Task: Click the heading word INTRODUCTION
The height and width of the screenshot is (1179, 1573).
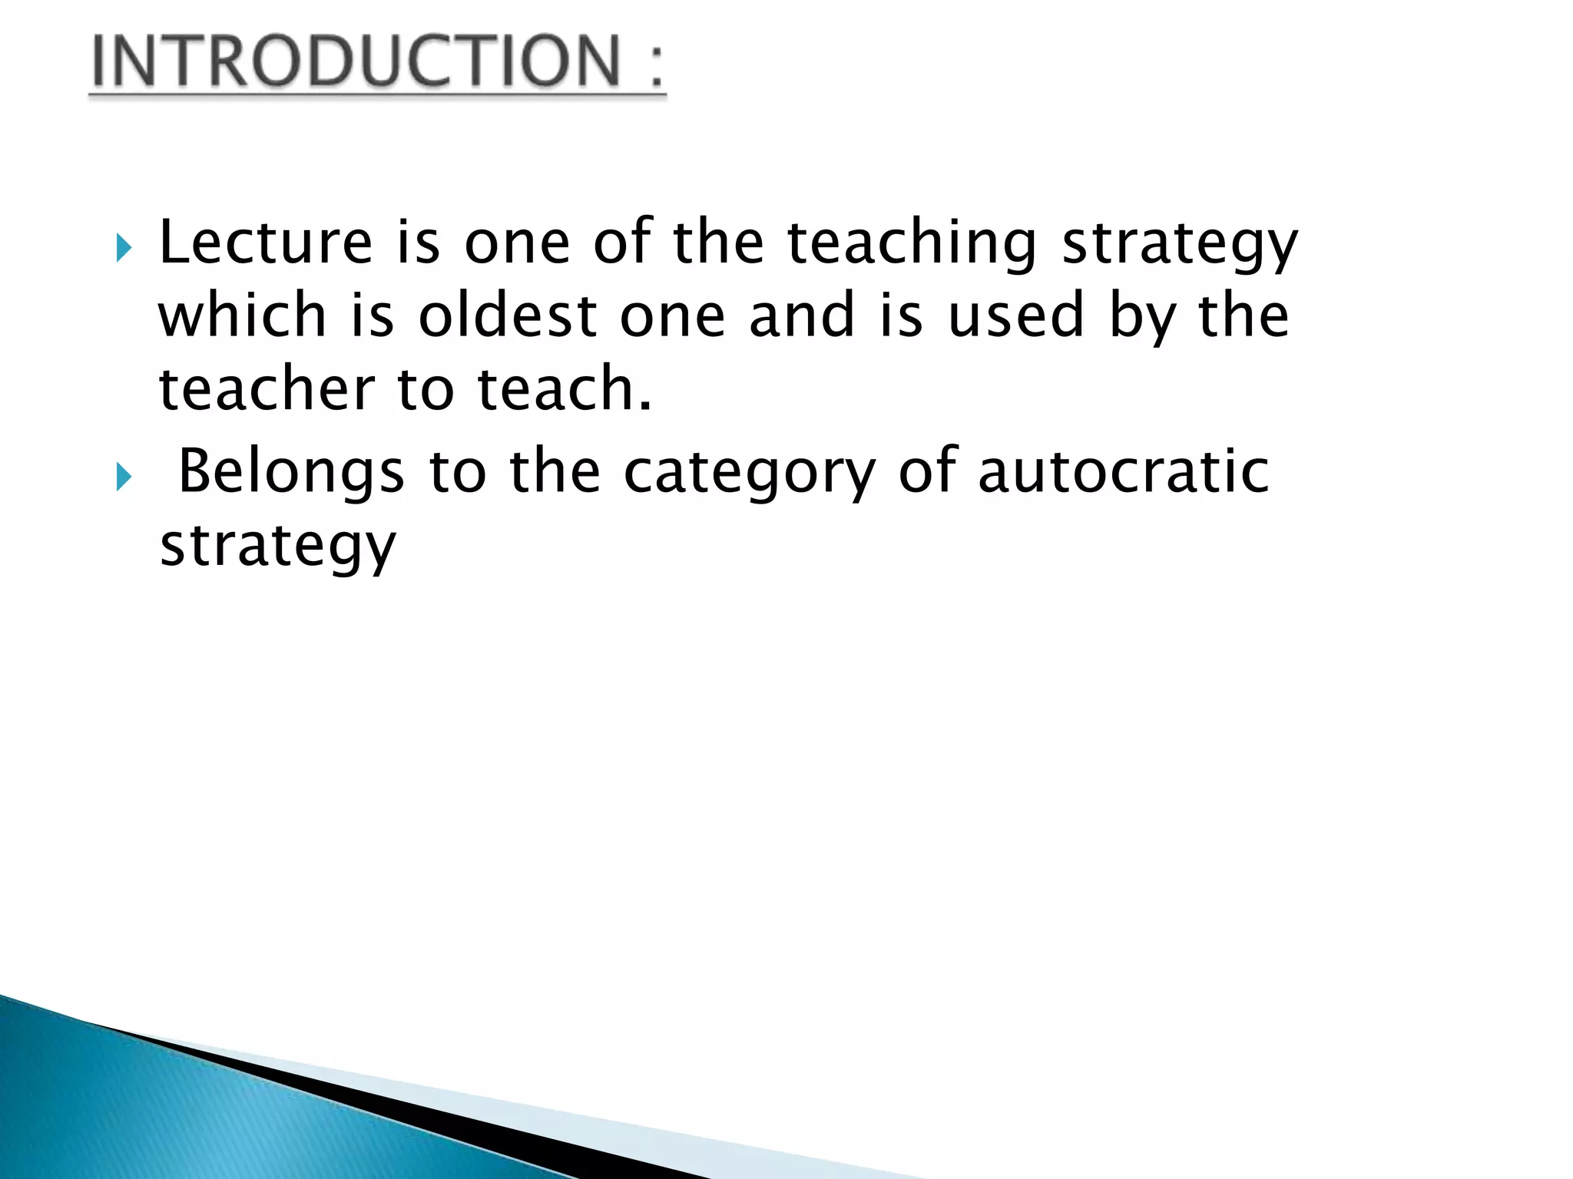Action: tap(355, 61)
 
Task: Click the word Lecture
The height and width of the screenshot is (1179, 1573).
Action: tap(266, 243)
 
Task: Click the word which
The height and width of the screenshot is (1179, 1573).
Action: tap(242, 315)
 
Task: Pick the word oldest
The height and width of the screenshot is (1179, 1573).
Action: tap(508, 315)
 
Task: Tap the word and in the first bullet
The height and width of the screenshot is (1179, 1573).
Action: tap(802, 315)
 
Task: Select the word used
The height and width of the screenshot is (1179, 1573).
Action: tap(1016, 315)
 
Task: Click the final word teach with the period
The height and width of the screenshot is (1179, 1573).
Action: tap(565, 388)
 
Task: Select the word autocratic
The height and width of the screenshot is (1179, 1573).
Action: tap(1123, 471)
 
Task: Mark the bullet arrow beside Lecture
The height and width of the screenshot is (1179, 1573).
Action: tap(124, 249)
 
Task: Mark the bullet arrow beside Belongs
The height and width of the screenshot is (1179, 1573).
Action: tap(124, 477)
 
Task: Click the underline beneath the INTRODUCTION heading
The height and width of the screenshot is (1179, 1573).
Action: tap(377, 95)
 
